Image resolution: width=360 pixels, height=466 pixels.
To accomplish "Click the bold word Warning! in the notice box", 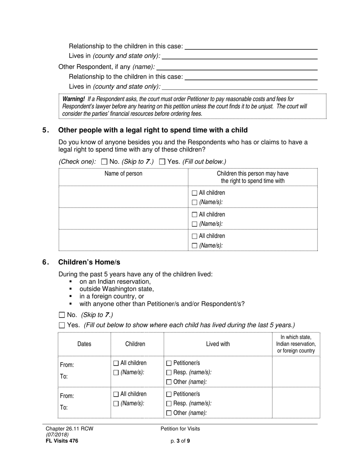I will [x=74, y=99].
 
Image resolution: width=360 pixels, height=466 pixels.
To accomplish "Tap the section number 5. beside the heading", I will [x=45, y=130].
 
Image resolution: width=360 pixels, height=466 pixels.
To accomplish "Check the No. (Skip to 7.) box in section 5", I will [x=105, y=162].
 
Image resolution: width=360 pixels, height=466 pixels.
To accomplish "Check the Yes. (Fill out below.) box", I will [x=162, y=162].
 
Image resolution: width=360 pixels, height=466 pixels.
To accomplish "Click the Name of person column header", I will [x=124, y=174].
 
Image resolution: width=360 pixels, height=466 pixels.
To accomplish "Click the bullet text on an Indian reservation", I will [x=115, y=281].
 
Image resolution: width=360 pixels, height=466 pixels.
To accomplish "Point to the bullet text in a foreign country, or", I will [x=111, y=296].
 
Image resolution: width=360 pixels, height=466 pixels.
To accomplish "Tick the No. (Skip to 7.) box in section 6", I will [x=62, y=315].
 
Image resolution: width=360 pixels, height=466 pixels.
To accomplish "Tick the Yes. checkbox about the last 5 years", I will [x=62, y=325].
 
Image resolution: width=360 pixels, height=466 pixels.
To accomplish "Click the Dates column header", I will [x=84, y=344].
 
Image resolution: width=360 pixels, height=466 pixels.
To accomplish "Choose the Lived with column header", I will [x=218, y=344].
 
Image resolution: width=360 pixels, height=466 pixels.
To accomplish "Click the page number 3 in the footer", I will [x=178, y=441].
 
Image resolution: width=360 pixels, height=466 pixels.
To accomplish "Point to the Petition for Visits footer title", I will [x=180, y=429].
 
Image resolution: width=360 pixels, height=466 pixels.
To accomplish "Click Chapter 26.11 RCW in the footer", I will [x=69, y=429].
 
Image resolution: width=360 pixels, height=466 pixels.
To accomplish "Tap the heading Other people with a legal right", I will [x=153, y=130].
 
